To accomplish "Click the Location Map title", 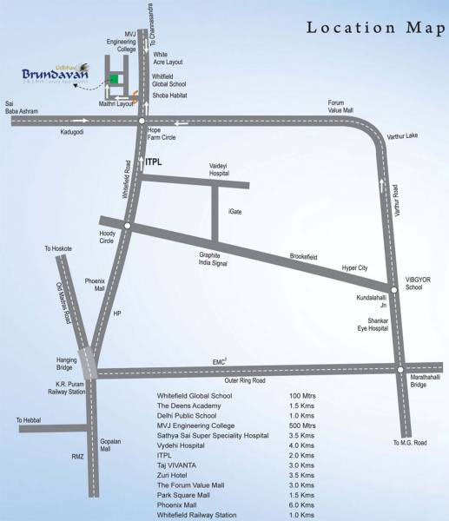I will point(373,27).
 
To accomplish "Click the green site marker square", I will point(113,80).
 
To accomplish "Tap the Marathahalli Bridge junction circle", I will point(400,368).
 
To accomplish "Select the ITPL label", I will point(154,161).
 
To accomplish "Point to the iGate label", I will point(235,211).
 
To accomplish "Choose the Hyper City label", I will point(355,268).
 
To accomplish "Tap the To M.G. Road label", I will point(410,443).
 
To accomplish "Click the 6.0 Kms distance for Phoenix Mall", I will point(301,505).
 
